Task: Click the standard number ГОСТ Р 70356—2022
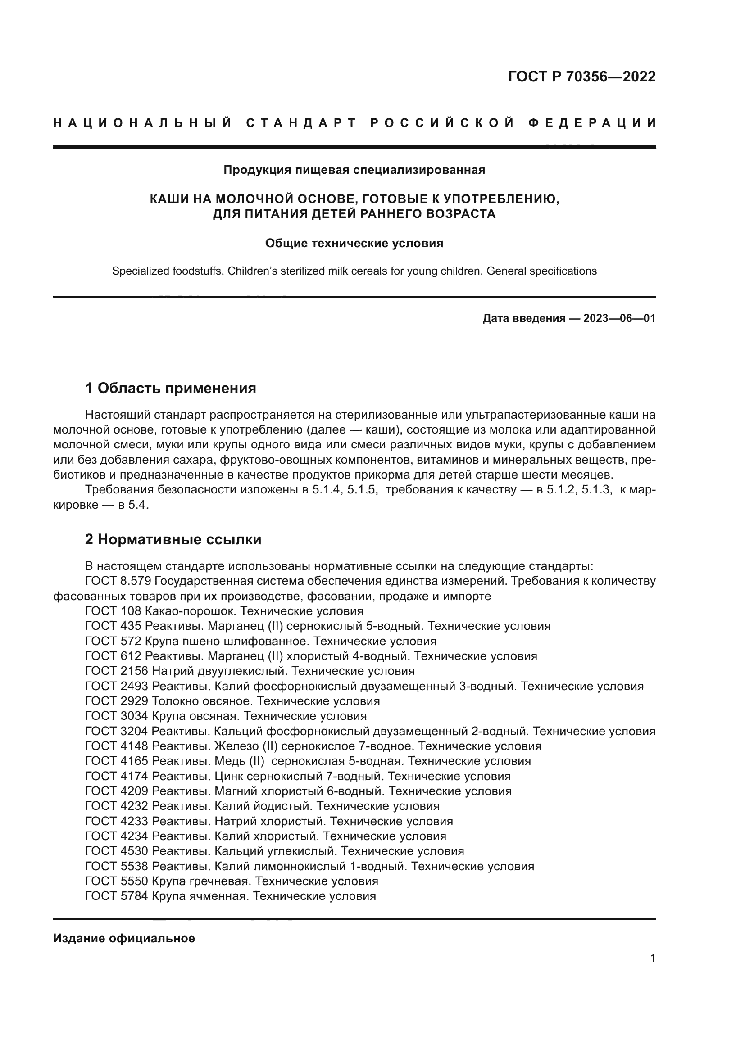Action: point(581,77)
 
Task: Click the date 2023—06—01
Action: point(619,318)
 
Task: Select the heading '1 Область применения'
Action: point(171,389)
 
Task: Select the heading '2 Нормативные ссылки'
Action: point(173,539)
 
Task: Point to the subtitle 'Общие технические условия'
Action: point(354,243)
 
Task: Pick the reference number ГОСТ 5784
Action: point(117,896)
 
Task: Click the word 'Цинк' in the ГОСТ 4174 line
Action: point(228,777)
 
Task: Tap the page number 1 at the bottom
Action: point(653,958)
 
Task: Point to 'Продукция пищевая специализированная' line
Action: point(354,170)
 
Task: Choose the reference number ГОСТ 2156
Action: point(117,671)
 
